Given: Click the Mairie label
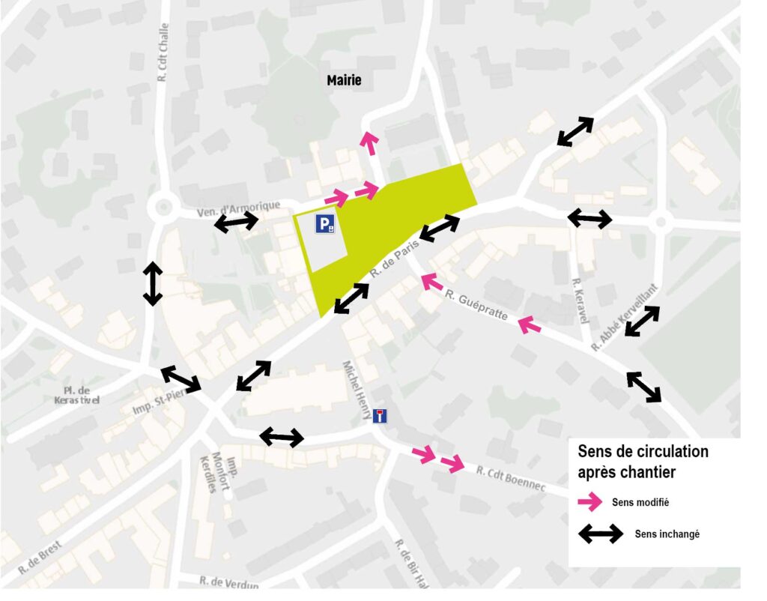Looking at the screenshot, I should click(x=344, y=80).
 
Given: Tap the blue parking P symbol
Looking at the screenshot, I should click(x=325, y=223).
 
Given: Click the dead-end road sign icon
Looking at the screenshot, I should click(x=381, y=416).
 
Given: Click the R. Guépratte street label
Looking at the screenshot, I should click(x=476, y=303).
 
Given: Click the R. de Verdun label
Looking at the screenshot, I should click(x=229, y=581).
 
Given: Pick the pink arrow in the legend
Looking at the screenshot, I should click(x=589, y=501).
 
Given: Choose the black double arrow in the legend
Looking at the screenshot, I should click(x=600, y=534).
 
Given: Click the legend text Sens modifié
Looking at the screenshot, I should click(x=640, y=502).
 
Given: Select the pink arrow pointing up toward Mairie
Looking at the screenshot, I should click(x=369, y=142).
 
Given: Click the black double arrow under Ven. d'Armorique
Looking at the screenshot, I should click(x=237, y=222).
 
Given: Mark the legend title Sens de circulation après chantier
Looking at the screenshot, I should click(x=643, y=462).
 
